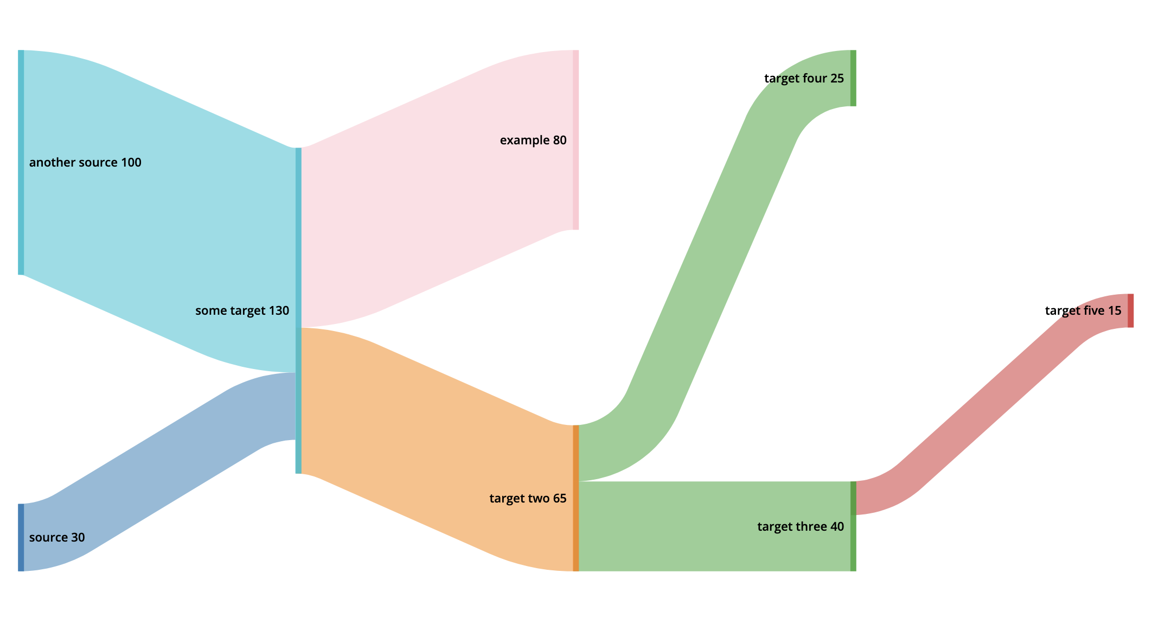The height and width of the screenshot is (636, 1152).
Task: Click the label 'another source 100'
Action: [85, 162]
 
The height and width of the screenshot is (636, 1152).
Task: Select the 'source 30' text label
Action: [57, 537]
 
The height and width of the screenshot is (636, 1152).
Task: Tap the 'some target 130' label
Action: [242, 310]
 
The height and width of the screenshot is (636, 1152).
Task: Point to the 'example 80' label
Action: [533, 140]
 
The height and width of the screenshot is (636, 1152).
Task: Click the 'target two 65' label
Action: [528, 498]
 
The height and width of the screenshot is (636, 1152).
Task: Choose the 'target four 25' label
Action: [804, 78]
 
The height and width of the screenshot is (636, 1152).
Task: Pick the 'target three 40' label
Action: [801, 526]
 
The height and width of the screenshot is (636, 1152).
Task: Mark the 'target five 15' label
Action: [1083, 310]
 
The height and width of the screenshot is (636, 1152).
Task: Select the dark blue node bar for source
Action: [21, 537]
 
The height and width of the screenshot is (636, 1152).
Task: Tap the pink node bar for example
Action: [575, 140]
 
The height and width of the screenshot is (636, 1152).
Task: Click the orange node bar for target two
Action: [575, 498]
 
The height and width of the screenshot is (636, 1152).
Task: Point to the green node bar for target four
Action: [853, 78]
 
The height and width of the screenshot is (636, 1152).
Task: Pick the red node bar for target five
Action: [1130, 310]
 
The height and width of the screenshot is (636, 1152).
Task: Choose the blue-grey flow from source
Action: [163, 472]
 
